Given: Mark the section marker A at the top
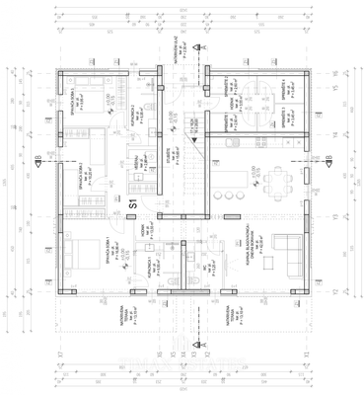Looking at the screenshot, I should [201, 46].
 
